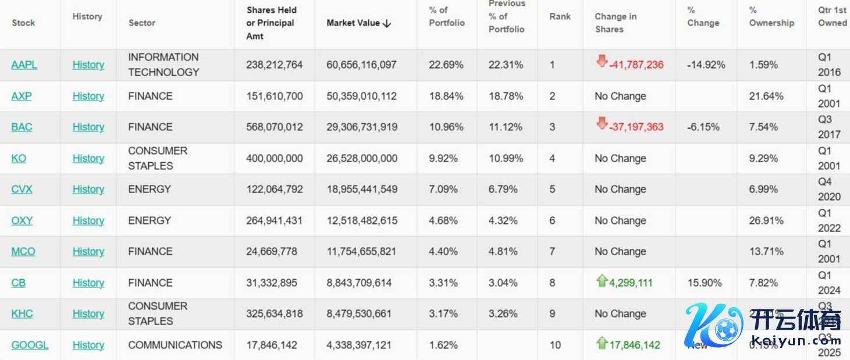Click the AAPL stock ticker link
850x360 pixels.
click(24, 65)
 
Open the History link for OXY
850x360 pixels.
click(88, 220)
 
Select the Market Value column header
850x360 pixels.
click(353, 23)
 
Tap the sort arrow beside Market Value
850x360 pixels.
click(387, 23)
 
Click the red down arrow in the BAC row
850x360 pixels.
click(602, 123)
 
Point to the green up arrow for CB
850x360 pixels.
click(602, 281)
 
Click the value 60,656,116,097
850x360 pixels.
click(361, 65)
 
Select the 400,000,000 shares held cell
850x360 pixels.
click(274, 158)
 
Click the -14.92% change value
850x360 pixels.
click(706, 65)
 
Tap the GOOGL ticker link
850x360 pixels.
click(30, 345)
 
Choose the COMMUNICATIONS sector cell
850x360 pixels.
click(175, 345)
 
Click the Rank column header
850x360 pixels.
click(560, 17)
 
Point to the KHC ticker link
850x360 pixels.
click(22, 313)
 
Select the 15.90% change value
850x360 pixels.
click(704, 283)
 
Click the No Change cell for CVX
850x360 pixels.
click(620, 189)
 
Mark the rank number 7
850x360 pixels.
click(552, 251)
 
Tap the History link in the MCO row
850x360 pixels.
click(88, 251)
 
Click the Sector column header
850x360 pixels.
click(142, 23)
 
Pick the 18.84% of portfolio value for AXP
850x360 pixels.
click(446, 96)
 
